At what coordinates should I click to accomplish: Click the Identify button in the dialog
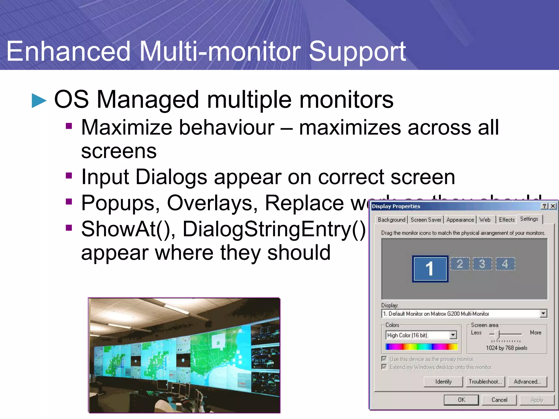[x=443, y=381]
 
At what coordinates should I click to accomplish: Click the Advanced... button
[x=527, y=381]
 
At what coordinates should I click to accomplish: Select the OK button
[x=461, y=400]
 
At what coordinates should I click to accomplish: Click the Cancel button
[x=499, y=400]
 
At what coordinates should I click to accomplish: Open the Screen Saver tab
[x=426, y=220]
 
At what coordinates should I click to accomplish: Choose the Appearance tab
[x=460, y=220]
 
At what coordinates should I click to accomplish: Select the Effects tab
[x=507, y=220]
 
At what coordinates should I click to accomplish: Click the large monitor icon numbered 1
[x=430, y=269]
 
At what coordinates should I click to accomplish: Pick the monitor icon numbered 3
[x=482, y=264]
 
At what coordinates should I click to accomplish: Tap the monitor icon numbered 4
[x=505, y=264]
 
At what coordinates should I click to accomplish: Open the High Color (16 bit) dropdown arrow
[x=453, y=335]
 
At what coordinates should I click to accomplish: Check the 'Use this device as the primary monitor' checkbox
[x=384, y=359]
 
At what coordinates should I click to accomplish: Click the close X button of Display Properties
[x=553, y=206]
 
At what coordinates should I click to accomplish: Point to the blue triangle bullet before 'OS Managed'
[x=39, y=101]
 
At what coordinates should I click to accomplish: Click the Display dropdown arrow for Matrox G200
[x=543, y=313]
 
